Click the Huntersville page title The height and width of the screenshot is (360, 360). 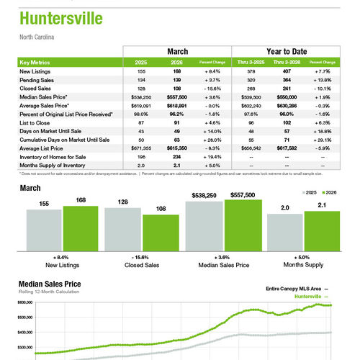point(60,19)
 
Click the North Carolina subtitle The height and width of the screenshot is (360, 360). point(37,36)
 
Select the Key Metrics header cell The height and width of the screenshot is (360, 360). point(35,63)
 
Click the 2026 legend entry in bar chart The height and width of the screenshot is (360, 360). point(329,194)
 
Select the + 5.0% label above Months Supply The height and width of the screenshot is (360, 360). point(302,257)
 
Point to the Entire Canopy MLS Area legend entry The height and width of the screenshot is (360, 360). point(291,288)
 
